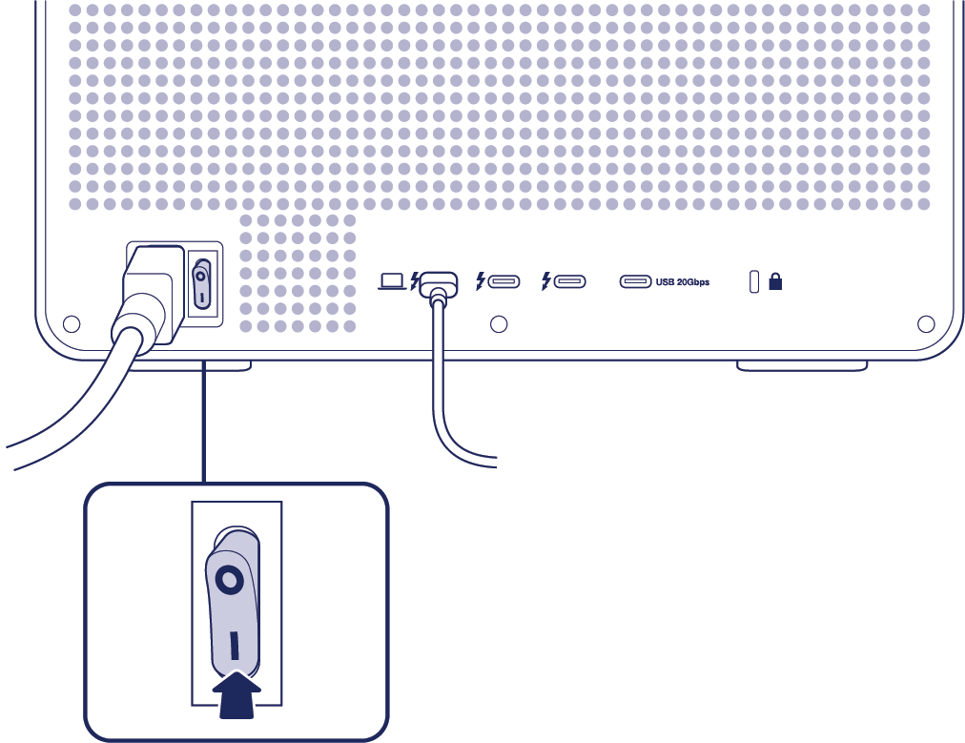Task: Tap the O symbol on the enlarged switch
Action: pos(228,580)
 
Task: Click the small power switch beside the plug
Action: pos(201,284)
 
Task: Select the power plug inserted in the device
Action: pos(152,291)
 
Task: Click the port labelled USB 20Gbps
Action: pos(636,281)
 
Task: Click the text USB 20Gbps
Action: pos(683,282)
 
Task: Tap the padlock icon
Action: pos(775,281)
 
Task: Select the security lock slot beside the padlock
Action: pos(754,281)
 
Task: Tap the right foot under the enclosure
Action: pos(802,365)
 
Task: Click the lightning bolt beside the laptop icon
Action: pos(414,281)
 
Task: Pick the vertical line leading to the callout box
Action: pos(204,420)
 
